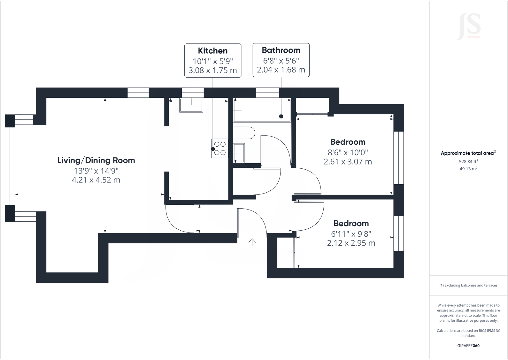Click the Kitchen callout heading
(x=213, y=51)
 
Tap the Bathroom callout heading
(x=281, y=50)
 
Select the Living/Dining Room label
(x=96, y=160)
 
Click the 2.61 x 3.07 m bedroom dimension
(x=348, y=162)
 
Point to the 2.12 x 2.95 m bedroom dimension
(x=351, y=243)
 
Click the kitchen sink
(x=191, y=105)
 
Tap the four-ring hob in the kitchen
(x=220, y=149)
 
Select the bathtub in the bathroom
(x=262, y=110)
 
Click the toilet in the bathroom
(x=243, y=133)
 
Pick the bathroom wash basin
(x=239, y=153)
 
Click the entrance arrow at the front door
(x=252, y=242)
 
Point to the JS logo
(x=469, y=27)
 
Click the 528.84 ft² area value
(x=468, y=162)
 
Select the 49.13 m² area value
(x=468, y=169)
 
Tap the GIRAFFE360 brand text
(x=468, y=346)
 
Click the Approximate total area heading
(x=468, y=153)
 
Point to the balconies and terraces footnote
(x=468, y=285)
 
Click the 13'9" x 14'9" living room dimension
(x=96, y=171)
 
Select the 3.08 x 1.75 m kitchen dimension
(x=213, y=71)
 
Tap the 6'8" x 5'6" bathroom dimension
(x=281, y=60)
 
